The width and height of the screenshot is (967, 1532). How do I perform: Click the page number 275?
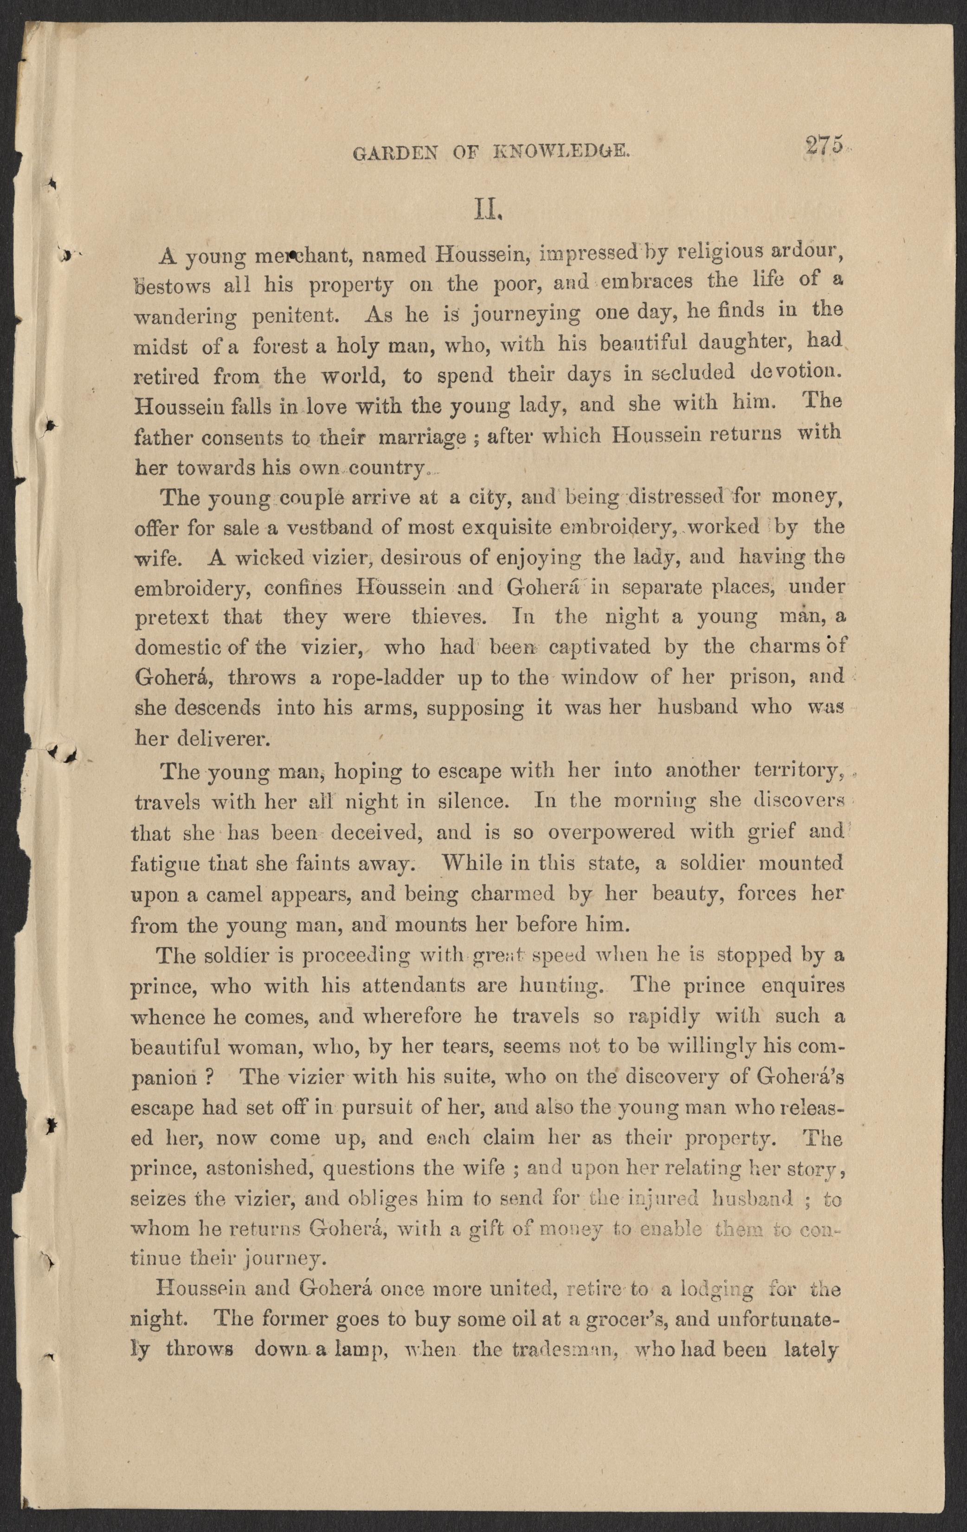pos(824,146)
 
